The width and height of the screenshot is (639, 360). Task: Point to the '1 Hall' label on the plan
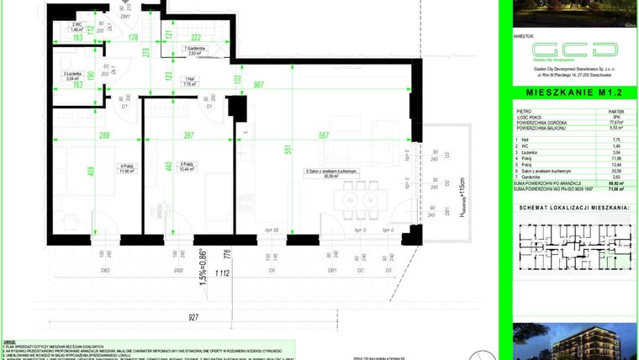coord(190,82)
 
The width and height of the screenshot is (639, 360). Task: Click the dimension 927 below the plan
coord(195,316)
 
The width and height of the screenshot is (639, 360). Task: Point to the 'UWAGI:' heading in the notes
coord(9,341)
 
